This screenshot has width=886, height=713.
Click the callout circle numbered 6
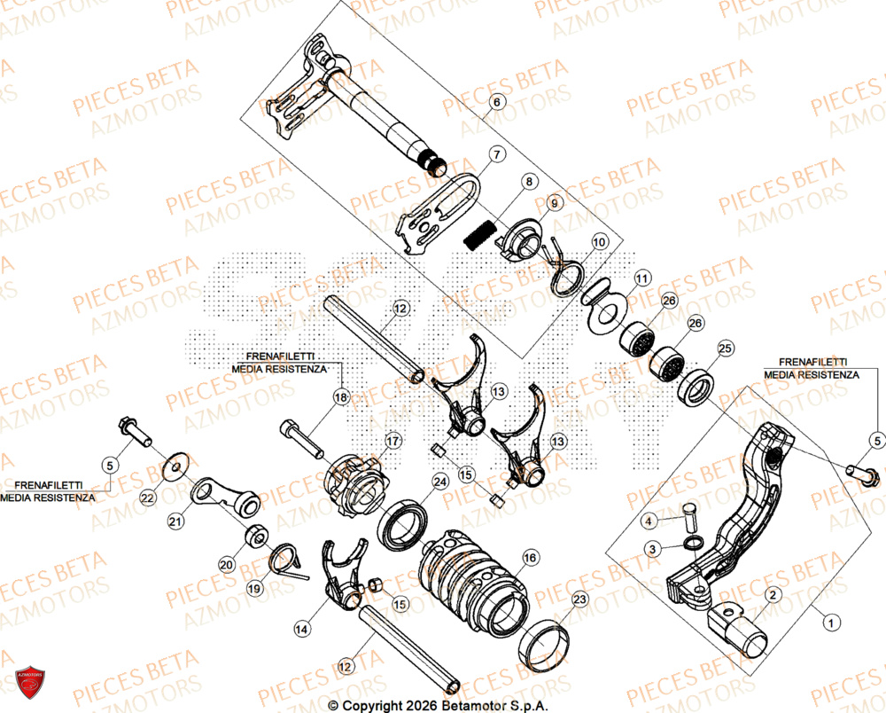[x=496, y=102]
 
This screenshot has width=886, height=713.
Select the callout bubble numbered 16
[x=530, y=558]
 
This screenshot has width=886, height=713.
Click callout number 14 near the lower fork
[x=302, y=629]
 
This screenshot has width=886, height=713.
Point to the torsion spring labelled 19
[x=285, y=559]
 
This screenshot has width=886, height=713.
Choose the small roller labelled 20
[x=257, y=536]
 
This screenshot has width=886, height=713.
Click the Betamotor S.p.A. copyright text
[x=438, y=705]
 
